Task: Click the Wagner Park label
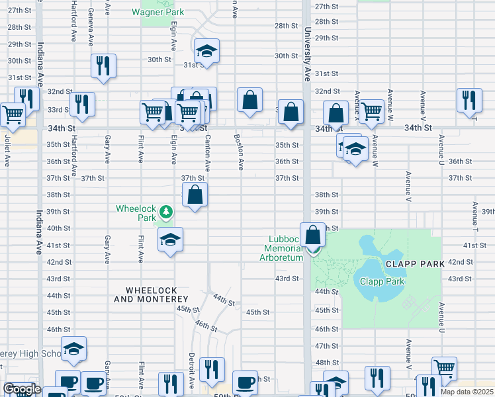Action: [x=157, y=12]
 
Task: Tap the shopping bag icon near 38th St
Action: [x=195, y=195]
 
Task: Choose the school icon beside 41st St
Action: [x=170, y=241]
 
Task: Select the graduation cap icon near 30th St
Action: [x=206, y=52]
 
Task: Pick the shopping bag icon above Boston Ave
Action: [x=250, y=101]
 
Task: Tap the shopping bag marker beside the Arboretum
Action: [x=312, y=235]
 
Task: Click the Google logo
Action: [x=22, y=389]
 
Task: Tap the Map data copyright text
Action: [x=467, y=392]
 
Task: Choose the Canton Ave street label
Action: [x=207, y=152]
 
